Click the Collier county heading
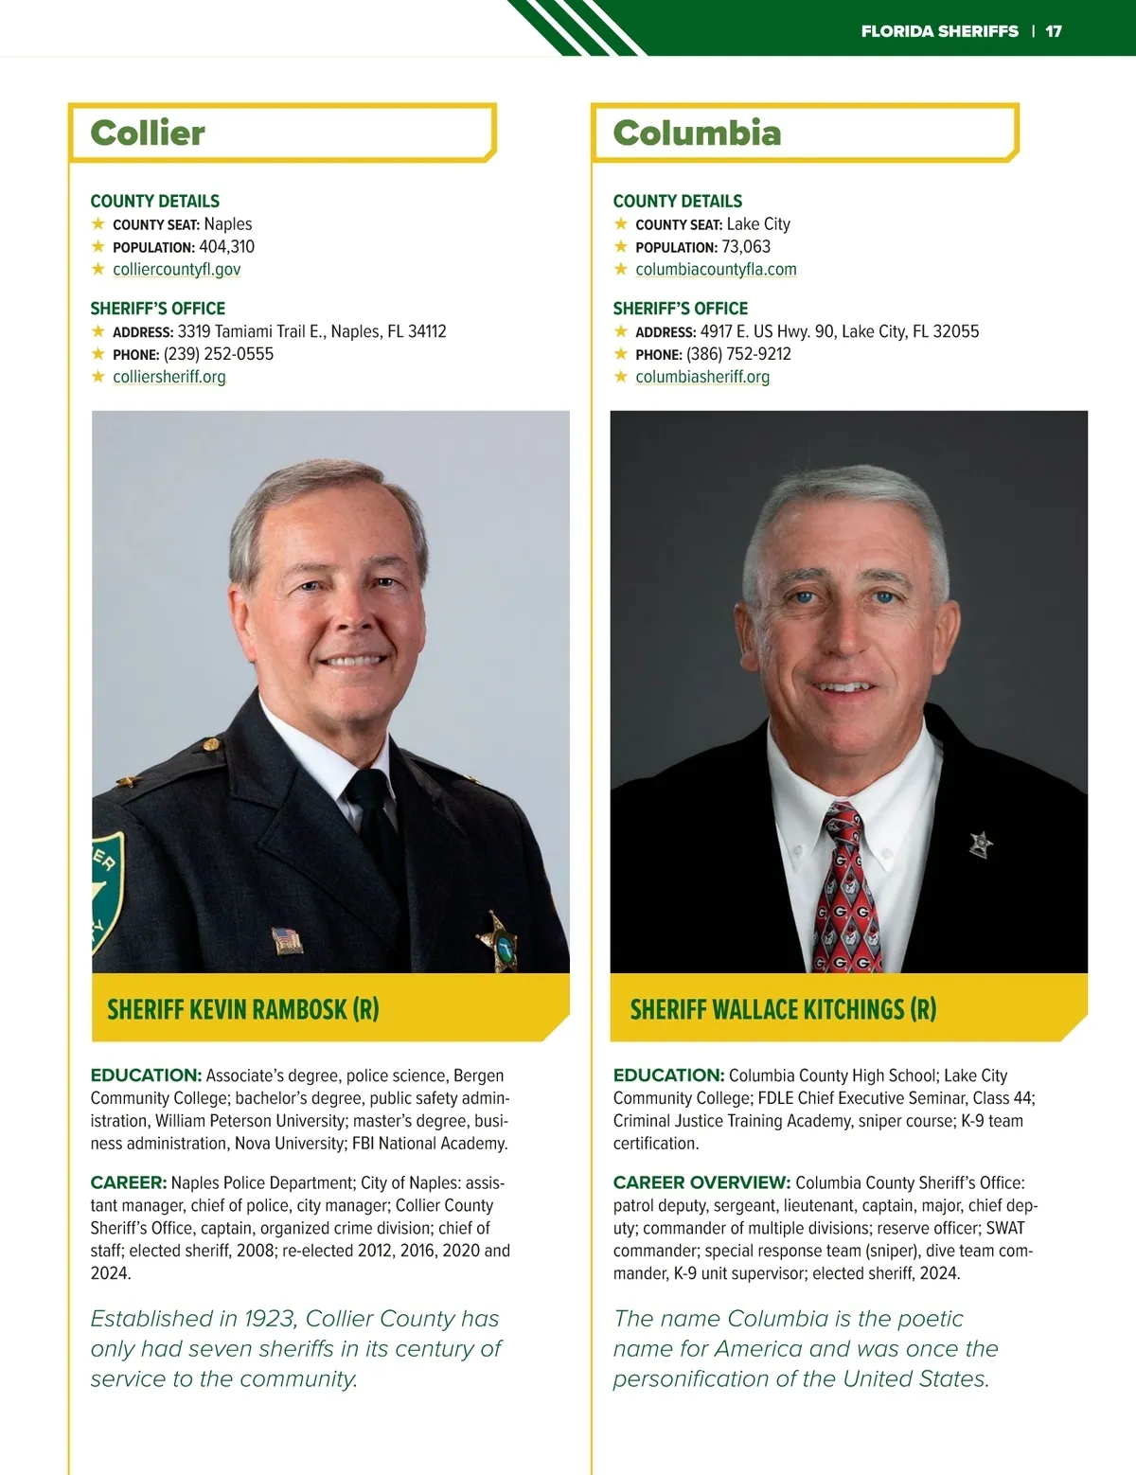coord(148,133)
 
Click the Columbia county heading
coord(697,133)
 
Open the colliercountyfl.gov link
coord(176,269)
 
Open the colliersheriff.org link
coord(169,377)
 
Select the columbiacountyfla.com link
coord(716,269)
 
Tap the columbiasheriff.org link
coord(701,377)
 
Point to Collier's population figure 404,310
coord(226,247)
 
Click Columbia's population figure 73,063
coord(746,247)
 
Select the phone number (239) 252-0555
coord(219,354)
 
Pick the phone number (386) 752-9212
coord(738,354)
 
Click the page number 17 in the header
coord(1054,31)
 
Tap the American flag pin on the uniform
coord(287,939)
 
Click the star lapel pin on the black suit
coord(981,844)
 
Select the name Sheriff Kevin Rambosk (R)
coord(243,1009)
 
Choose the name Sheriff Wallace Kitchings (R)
coord(783,1009)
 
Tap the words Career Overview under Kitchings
coord(701,1182)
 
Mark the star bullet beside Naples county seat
coord(98,224)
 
